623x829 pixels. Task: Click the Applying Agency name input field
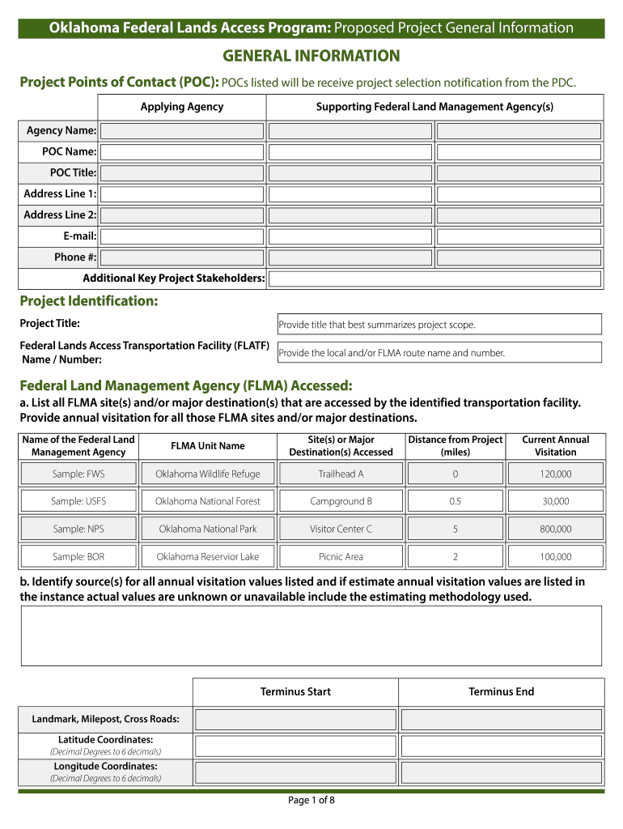click(x=182, y=131)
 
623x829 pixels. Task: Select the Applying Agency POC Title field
click(x=182, y=173)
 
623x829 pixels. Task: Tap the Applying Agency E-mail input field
click(x=182, y=236)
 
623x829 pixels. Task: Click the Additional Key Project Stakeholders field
click(x=434, y=278)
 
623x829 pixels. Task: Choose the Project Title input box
click(x=439, y=325)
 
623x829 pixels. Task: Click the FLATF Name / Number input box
click(x=439, y=353)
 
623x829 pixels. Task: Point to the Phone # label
click(x=75, y=257)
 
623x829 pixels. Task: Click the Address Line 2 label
click(x=60, y=215)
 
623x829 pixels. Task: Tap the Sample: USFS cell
click(x=78, y=502)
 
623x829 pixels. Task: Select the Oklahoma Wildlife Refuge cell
click(x=208, y=474)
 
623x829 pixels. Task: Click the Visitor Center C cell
click(x=341, y=529)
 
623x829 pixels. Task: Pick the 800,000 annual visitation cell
click(x=556, y=529)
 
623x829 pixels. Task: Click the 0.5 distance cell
click(x=456, y=502)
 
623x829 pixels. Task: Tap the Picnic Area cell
click(x=341, y=557)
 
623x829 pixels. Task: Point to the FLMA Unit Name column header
click(x=208, y=446)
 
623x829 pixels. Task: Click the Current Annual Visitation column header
click(x=556, y=446)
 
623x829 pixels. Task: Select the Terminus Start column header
click(x=295, y=692)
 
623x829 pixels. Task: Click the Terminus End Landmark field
click(x=502, y=720)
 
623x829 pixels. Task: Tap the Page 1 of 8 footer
click(x=311, y=801)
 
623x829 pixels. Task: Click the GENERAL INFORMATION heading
click(x=311, y=57)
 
